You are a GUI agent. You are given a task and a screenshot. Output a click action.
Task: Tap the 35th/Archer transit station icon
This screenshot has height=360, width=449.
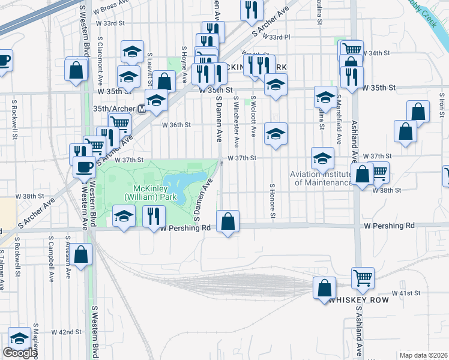click(x=142, y=109)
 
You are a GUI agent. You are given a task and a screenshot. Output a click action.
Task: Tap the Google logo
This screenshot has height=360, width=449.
click(x=20, y=352)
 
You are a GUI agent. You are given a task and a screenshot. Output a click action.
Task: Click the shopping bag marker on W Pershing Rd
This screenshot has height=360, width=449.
click(x=228, y=221)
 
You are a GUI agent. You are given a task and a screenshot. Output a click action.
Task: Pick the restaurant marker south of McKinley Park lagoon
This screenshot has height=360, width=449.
click(x=155, y=216)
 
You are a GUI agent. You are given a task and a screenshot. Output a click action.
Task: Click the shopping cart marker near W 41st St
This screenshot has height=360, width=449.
click(x=363, y=278)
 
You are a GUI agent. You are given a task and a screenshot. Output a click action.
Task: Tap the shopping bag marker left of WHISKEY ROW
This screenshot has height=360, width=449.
click(x=324, y=288)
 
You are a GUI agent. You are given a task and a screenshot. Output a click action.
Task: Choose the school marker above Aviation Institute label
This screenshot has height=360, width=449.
click(x=322, y=159)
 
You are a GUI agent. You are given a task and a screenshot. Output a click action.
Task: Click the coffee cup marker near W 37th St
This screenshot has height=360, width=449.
click(x=84, y=167)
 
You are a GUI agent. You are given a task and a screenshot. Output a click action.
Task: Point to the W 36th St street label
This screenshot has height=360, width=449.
click(x=176, y=125)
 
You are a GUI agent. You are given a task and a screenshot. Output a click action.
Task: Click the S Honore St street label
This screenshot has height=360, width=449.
click(x=272, y=200)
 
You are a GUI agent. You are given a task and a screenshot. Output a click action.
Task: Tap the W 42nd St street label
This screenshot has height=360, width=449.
click(x=67, y=332)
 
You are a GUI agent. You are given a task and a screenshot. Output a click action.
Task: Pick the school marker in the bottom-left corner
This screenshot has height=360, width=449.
click(x=19, y=338)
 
